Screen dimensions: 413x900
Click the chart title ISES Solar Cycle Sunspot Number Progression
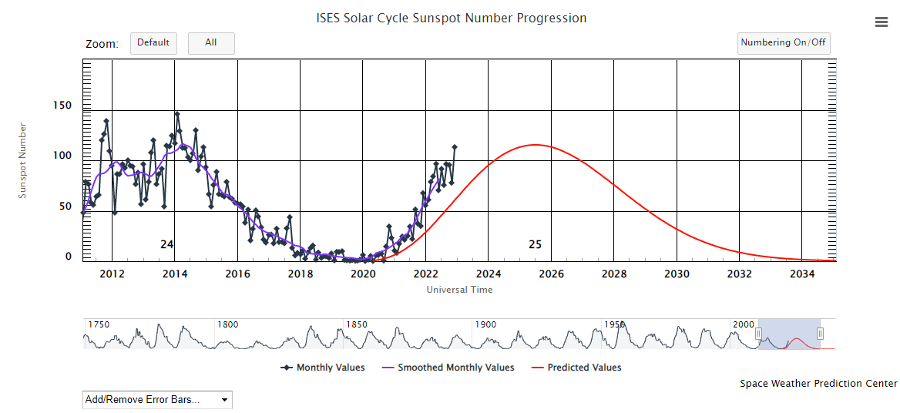point(451,18)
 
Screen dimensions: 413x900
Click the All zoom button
point(210,43)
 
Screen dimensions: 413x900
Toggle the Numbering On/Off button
point(783,43)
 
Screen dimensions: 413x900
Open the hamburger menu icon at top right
point(882,22)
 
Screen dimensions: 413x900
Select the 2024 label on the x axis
point(489,274)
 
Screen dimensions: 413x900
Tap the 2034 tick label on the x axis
point(801,274)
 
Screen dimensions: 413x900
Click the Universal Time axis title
point(459,290)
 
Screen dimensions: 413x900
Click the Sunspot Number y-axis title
point(22,160)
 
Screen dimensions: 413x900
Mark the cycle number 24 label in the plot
point(166,244)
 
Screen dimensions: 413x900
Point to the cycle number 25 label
point(535,244)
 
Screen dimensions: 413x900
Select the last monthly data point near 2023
point(455,146)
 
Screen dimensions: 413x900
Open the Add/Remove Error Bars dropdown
point(156,400)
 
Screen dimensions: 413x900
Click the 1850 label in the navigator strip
point(357,324)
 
